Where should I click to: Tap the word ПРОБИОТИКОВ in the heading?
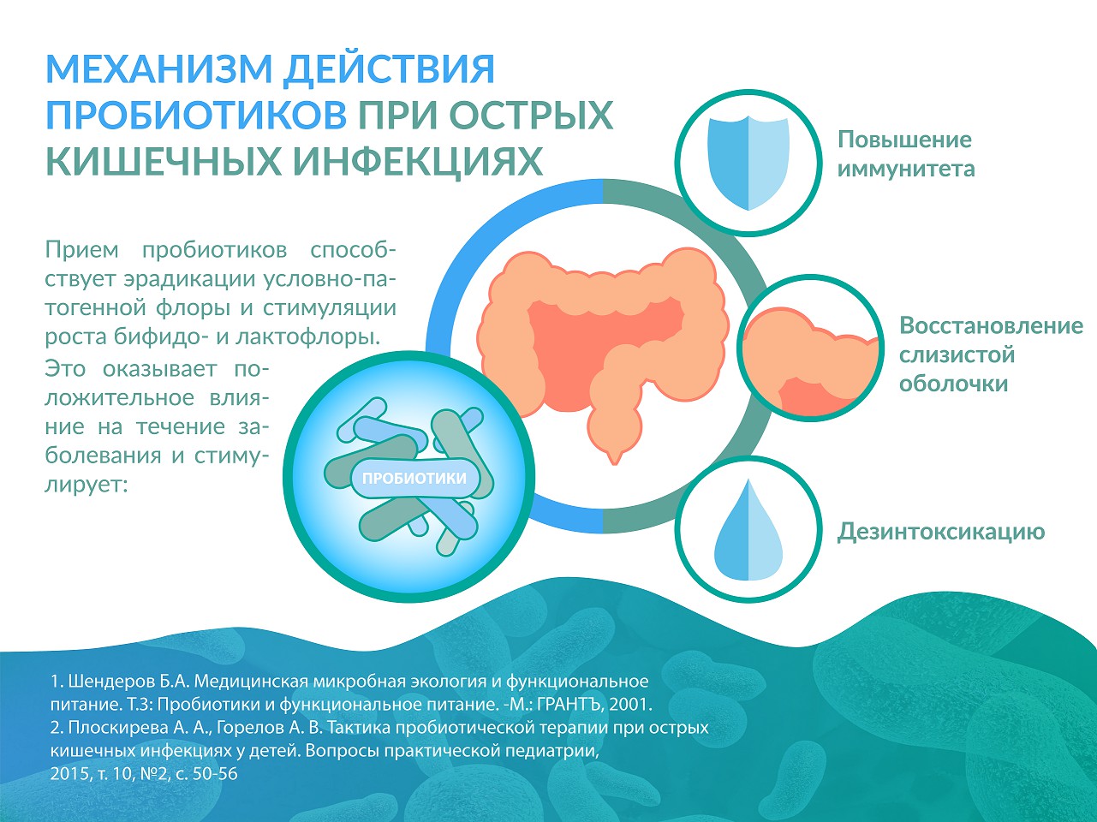[x=196, y=115]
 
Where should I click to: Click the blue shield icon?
[x=748, y=164]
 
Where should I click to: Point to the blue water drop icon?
[x=748, y=530]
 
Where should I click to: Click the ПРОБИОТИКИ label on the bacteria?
[x=414, y=478]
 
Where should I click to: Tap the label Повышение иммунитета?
[x=906, y=154]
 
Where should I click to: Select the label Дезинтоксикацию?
[x=941, y=532]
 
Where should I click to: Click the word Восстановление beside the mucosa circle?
[x=991, y=325]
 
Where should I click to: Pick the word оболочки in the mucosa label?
[x=954, y=384]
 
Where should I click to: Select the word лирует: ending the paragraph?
[x=86, y=485]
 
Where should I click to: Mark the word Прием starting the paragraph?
[x=82, y=249]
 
